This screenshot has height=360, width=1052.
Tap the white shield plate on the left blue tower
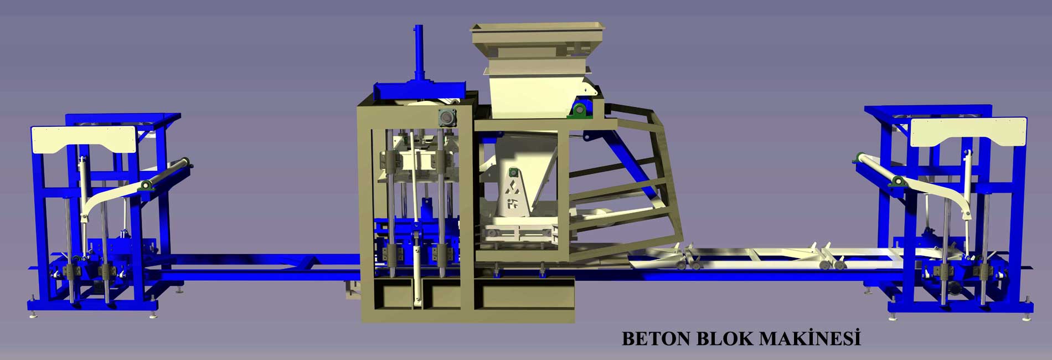pos(84,140)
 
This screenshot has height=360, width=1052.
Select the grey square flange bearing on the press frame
pos(446,118)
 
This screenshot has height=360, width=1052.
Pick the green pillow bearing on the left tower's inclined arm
pos(146,184)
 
